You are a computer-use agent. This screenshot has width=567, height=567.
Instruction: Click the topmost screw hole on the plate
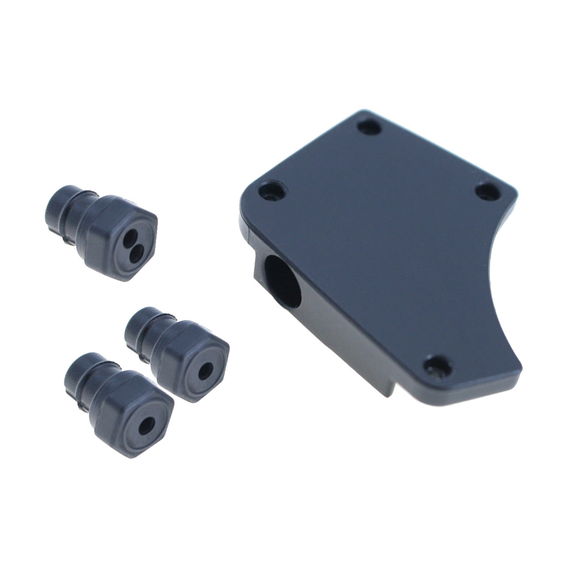click(x=370, y=128)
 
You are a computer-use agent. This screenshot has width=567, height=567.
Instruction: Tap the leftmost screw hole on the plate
click(x=270, y=191)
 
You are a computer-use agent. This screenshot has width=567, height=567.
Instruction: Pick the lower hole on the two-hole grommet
click(x=137, y=251)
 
